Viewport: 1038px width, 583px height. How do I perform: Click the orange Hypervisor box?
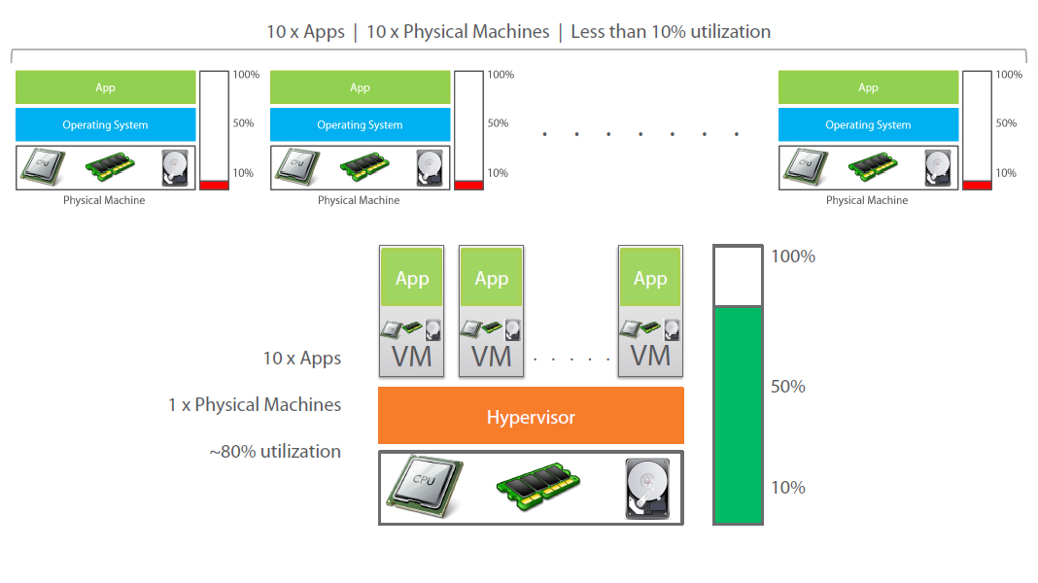tap(531, 417)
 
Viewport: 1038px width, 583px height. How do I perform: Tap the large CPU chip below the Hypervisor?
tap(424, 486)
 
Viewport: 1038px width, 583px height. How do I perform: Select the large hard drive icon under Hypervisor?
tap(647, 487)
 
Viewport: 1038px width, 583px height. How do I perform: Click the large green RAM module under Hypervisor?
tap(540, 487)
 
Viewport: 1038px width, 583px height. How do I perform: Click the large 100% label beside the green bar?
tap(792, 257)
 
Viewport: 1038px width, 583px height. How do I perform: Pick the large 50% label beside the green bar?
tap(788, 387)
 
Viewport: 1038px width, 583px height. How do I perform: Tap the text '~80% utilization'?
tap(275, 451)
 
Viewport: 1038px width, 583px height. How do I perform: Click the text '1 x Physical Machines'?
tap(255, 404)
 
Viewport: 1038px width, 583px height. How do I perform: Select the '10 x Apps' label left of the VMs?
tap(302, 359)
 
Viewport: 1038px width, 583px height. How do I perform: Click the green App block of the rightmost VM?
tap(650, 278)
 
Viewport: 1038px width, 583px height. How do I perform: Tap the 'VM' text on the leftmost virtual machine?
tap(412, 357)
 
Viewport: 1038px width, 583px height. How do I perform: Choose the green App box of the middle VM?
tap(492, 278)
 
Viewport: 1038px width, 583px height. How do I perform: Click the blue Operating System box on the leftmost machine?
tap(105, 124)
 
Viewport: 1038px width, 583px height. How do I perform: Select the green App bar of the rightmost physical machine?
tap(868, 87)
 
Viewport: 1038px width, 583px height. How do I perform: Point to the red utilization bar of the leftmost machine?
tap(214, 185)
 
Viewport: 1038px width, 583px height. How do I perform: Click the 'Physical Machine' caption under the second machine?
tap(359, 200)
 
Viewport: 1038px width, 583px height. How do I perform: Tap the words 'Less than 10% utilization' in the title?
tap(671, 31)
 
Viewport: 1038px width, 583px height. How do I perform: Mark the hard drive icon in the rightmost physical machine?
tap(937, 167)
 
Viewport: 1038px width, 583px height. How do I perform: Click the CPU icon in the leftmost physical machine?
tap(44, 167)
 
